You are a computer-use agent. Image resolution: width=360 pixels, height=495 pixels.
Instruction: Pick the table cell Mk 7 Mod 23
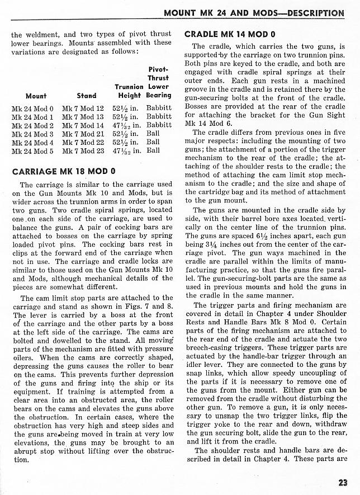[83, 150]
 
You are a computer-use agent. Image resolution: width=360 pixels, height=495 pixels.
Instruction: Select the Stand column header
[86, 96]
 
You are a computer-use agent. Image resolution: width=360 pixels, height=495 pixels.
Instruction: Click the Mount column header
[36, 96]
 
